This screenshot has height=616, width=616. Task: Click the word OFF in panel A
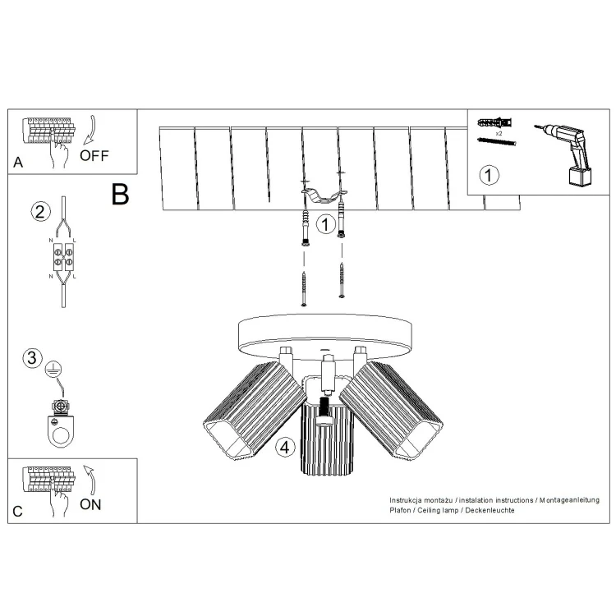[94, 155]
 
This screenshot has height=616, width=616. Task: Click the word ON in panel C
[90, 504]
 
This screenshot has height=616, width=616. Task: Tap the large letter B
[120, 194]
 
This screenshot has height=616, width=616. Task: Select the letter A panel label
[18, 163]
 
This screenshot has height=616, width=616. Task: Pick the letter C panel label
[18, 512]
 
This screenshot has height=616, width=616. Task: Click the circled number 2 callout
[41, 212]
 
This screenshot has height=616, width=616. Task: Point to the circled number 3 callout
[32, 358]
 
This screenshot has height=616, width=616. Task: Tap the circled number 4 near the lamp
[285, 447]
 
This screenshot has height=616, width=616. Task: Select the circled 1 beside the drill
[490, 175]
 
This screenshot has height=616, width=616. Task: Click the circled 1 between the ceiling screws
[326, 224]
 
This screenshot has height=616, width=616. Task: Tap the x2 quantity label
[499, 134]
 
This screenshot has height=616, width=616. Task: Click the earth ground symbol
[53, 370]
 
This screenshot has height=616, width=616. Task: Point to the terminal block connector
[63, 257]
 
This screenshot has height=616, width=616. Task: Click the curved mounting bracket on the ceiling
[324, 195]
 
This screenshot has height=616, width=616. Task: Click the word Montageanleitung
[569, 500]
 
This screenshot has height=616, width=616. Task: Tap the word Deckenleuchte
[490, 510]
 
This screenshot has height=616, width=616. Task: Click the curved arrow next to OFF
[91, 129]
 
